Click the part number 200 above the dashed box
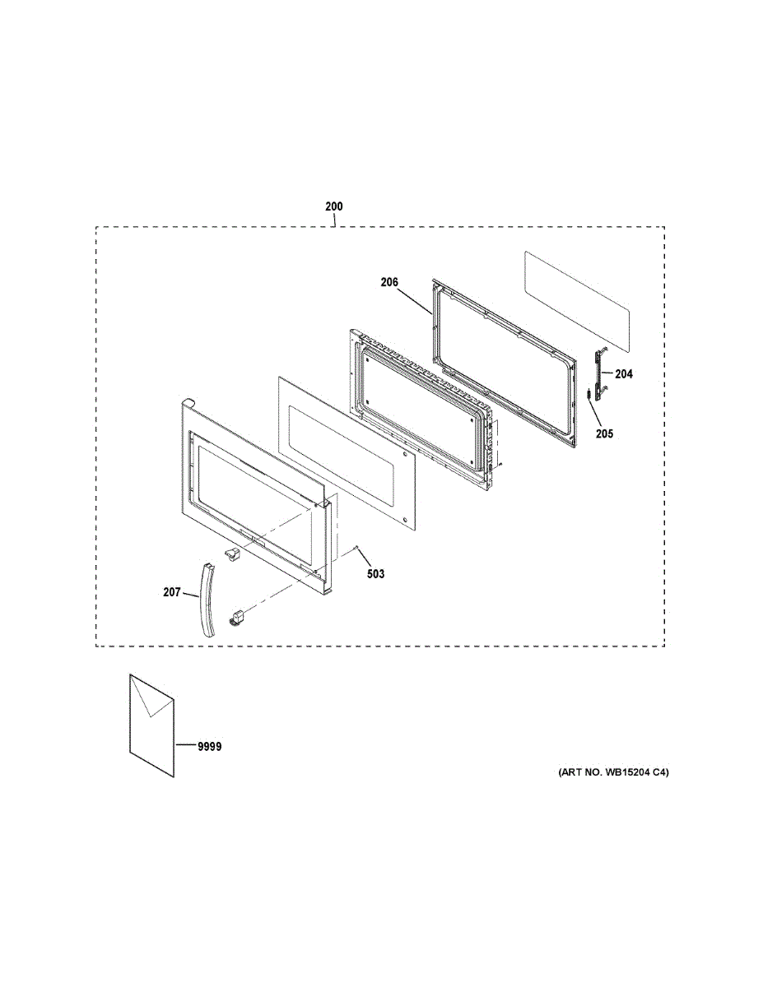(333, 206)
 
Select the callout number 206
(389, 282)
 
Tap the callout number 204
(624, 374)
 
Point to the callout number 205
(605, 433)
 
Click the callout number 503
(375, 574)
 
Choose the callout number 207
(171, 591)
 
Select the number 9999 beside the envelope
(209, 747)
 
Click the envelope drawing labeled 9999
(151, 724)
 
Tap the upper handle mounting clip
(232, 553)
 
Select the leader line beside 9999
(184, 746)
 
